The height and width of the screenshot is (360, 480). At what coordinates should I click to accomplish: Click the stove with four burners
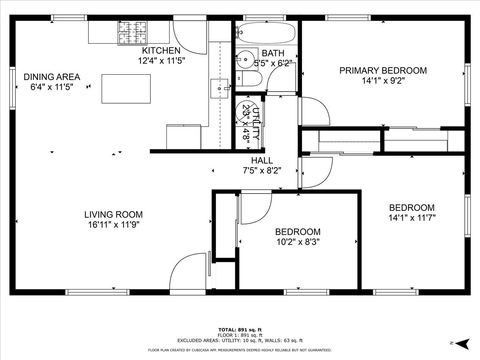point(130,34)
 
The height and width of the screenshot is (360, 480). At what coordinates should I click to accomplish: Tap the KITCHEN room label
point(161,50)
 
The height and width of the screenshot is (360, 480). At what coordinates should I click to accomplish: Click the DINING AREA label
point(52,77)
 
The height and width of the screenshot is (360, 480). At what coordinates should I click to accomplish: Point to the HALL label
point(262,160)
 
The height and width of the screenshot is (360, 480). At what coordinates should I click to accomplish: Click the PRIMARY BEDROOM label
point(383,70)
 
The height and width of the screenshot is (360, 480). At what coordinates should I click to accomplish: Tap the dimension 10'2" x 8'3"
point(298,241)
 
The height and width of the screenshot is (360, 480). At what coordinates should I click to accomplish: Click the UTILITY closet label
point(256,121)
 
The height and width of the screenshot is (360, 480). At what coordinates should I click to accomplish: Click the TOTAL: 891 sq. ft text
point(240,329)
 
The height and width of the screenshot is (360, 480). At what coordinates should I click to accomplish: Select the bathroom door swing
point(310,110)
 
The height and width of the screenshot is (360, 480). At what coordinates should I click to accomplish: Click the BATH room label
point(273,53)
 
